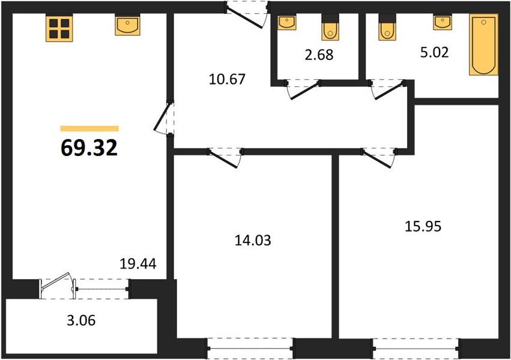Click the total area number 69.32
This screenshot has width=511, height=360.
[89, 148]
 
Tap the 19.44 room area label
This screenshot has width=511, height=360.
[138, 263]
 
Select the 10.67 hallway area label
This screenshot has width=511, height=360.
[227, 79]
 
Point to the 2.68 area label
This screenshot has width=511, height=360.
[319, 55]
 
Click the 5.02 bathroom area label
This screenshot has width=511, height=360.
[434, 52]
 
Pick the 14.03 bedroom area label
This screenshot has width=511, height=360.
[253, 240]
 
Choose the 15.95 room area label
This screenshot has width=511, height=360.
[423, 226]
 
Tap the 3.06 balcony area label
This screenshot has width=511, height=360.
[81, 320]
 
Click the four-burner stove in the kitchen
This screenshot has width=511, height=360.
[59, 28]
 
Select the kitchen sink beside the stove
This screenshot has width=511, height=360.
[127, 25]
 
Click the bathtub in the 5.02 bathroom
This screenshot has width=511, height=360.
[483, 44]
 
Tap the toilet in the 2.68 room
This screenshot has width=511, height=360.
[330, 28]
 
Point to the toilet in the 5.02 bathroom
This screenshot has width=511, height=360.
[387, 28]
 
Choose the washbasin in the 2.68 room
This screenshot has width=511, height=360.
[287, 22]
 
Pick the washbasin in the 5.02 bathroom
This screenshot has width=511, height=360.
[442, 22]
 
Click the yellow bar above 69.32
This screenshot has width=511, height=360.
[89, 128]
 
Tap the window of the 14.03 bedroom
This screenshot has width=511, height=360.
[250, 349]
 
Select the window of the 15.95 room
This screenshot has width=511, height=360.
[416, 349]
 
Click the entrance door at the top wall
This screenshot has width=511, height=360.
[247, 14]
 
